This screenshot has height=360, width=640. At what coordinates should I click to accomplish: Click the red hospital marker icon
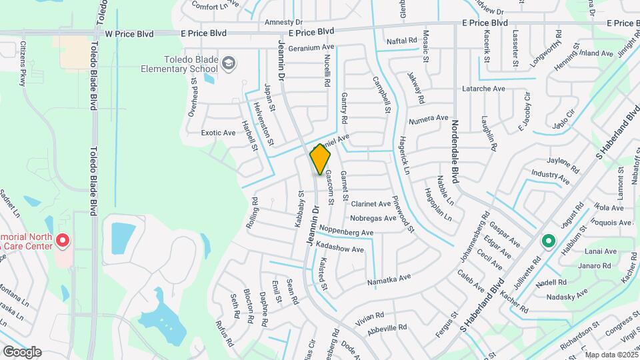[63, 240]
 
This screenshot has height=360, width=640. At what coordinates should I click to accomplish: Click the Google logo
[22, 351]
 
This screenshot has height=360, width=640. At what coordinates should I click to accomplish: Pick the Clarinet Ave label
[371, 203]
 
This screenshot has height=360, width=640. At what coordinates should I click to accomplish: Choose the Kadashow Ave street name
[339, 249]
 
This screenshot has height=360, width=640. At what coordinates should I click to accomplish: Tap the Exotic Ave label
[219, 133]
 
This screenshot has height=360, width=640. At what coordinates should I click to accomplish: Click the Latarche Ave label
[484, 89]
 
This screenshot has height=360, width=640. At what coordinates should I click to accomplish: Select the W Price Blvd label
[129, 33]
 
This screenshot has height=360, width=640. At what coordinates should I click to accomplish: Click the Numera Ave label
[429, 119]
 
